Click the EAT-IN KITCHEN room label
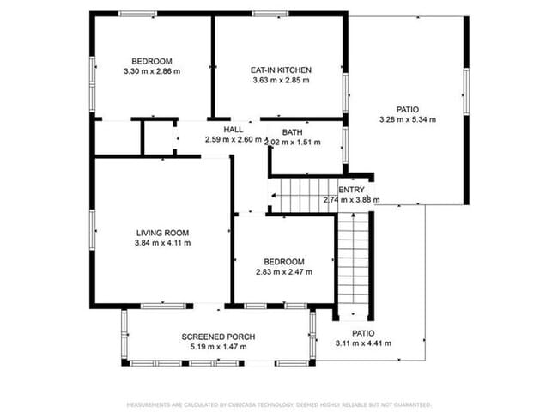(280, 70)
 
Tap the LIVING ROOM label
(162, 233)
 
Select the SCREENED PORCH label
(217, 336)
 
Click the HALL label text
(233, 130)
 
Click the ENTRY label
(351, 190)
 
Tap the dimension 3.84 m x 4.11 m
(162, 243)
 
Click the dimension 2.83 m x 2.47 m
(283, 272)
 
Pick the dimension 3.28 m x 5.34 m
(407, 119)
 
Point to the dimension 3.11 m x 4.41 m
(363, 343)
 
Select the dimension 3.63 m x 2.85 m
(280, 80)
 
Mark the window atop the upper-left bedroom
(137, 14)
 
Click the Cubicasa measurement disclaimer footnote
(279, 404)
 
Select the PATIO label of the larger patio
(407, 109)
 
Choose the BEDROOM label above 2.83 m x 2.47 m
(283, 262)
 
